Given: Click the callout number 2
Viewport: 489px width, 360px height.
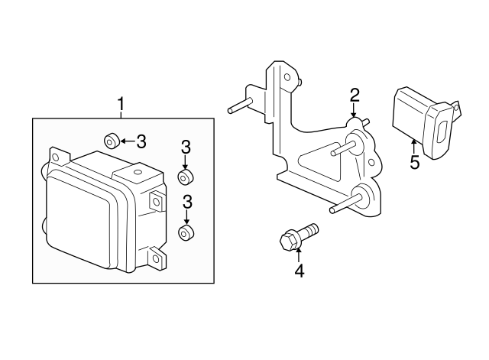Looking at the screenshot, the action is (355, 96).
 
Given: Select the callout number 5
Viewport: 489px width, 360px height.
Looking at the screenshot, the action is (414, 162).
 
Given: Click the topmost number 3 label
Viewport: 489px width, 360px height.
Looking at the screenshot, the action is (141, 141).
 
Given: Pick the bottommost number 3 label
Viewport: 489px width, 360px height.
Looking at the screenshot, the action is (187, 202).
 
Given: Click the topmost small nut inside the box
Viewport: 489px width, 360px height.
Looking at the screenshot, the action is (112, 141).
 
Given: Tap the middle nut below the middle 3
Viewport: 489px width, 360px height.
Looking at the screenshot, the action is (186, 177).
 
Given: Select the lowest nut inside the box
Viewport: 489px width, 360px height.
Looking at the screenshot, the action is (186, 232).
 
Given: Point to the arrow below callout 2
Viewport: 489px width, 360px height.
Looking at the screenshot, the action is (353, 110).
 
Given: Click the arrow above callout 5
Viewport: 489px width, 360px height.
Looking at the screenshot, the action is (414, 147).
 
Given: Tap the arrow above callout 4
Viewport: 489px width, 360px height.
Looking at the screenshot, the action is (299, 255).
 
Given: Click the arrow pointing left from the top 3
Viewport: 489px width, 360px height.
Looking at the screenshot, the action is (128, 141).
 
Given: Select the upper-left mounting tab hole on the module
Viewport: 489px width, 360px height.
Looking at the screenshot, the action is (56, 157).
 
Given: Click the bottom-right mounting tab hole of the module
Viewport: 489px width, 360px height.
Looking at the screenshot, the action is (156, 258).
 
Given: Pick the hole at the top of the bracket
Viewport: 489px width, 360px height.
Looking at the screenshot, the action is (287, 77).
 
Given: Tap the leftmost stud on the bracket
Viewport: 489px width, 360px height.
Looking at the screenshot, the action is (240, 105).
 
